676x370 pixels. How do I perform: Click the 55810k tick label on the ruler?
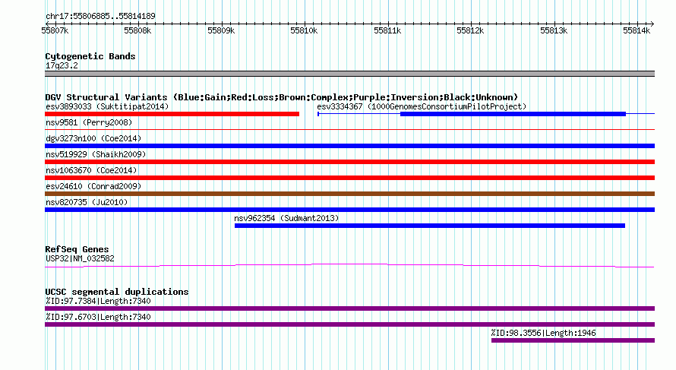click(x=304, y=30)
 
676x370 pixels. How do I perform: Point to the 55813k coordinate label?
click(x=554, y=30)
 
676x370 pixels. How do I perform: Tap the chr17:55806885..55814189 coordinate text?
click(x=100, y=17)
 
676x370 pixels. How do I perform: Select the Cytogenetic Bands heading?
click(x=90, y=56)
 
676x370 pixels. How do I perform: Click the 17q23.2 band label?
click(x=62, y=65)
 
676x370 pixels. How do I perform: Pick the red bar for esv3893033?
click(x=172, y=114)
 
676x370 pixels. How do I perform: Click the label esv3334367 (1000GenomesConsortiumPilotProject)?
click(x=422, y=106)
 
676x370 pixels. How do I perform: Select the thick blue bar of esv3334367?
click(x=513, y=114)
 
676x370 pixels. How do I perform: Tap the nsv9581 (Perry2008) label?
click(x=89, y=122)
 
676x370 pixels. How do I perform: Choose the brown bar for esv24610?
click(x=349, y=194)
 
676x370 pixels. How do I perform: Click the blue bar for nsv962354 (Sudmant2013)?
click(x=430, y=226)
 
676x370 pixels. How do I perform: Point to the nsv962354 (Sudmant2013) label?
click(x=286, y=218)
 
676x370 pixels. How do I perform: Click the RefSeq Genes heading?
click(x=77, y=249)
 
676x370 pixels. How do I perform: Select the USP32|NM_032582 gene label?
click(x=80, y=259)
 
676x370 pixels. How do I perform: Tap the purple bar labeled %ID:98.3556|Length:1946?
click(x=573, y=340)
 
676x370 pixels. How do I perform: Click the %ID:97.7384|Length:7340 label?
click(x=98, y=301)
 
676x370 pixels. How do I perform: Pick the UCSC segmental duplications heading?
click(x=117, y=292)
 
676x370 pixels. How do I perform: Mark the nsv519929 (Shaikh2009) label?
click(x=96, y=154)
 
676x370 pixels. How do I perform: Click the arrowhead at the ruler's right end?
click(x=652, y=24)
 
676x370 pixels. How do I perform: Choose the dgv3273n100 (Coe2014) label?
click(x=93, y=138)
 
